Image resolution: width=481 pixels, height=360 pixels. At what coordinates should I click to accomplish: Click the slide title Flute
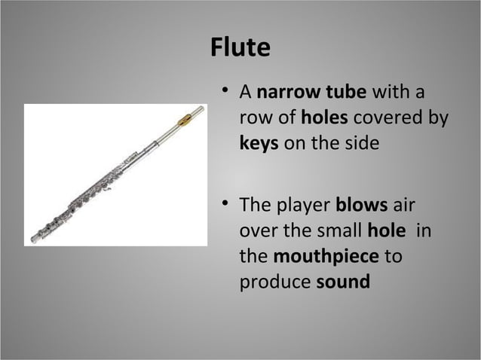[x=240, y=48]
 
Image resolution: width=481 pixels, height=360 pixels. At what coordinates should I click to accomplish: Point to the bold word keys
[x=259, y=143]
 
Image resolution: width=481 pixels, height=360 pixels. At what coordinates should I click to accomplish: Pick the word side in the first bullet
[x=357, y=143]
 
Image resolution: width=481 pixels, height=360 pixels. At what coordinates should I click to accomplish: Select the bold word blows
[x=361, y=206]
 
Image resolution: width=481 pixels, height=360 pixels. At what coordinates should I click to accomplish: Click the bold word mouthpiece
[x=326, y=256]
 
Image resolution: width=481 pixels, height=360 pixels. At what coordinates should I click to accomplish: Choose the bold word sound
[x=344, y=282]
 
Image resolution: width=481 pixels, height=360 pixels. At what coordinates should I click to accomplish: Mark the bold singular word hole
[x=385, y=230]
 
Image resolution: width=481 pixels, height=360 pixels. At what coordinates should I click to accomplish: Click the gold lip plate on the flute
[x=185, y=117]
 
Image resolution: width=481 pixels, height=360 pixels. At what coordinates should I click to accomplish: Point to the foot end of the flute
[x=36, y=238]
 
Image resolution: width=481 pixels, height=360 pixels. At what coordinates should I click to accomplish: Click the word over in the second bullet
[x=256, y=231]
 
